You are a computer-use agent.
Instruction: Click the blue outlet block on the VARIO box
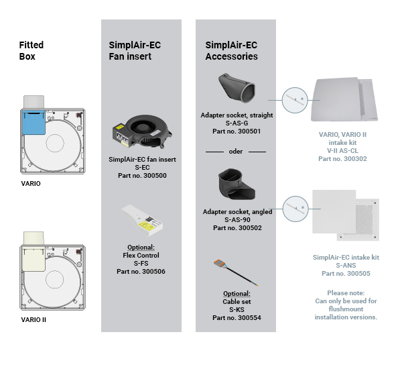tap(34, 123)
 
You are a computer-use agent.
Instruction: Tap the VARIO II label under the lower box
tap(33, 320)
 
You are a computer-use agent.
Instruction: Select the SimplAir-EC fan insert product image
tap(142, 131)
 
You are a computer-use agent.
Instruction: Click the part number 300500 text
tap(142, 176)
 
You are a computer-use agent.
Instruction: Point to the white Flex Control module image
tap(142, 221)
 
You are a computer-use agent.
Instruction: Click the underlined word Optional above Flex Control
tap(141, 248)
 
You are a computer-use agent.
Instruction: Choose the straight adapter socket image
tap(237, 88)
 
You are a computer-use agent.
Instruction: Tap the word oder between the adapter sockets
tap(236, 152)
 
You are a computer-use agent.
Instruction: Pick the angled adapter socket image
tap(237, 184)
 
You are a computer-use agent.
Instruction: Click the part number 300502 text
tap(237, 227)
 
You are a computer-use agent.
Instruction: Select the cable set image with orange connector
tap(236, 272)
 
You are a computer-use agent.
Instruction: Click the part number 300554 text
tap(237, 317)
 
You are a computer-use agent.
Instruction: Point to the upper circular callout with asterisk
tap(295, 100)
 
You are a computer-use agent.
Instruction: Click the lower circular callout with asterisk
tap(295, 209)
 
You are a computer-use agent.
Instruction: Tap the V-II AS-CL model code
tap(342, 151)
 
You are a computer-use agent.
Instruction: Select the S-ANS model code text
tap(346, 265)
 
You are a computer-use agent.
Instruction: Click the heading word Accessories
tap(232, 56)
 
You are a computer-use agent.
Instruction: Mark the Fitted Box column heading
tap(31, 50)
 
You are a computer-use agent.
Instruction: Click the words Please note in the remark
tap(346, 293)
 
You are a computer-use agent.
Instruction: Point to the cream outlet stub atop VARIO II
tap(33, 238)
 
